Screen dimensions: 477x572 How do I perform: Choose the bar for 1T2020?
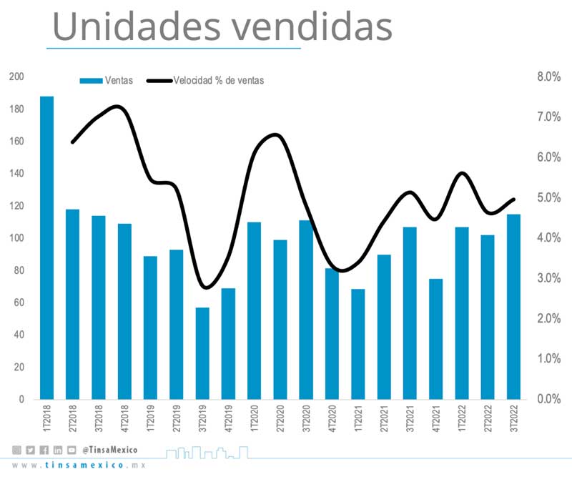(x=254, y=310)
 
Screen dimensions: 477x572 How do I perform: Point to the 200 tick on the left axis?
(x=16, y=77)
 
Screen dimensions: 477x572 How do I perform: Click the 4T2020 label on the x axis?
(x=332, y=419)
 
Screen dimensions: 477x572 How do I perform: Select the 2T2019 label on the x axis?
(x=176, y=419)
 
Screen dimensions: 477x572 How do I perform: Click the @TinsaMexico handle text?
(x=109, y=450)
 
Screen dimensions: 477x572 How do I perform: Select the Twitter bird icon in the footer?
(x=30, y=450)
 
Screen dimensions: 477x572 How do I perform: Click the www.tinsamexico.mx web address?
(x=79, y=466)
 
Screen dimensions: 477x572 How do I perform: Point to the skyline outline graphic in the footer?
(x=207, y=451)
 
